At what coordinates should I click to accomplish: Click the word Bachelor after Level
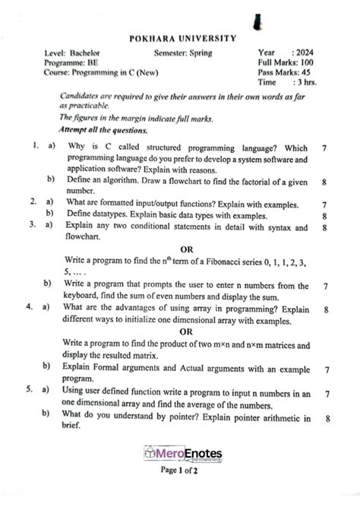click(84, 53)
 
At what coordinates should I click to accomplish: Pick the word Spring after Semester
click(200, 53)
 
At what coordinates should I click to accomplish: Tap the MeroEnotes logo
click(179, 454)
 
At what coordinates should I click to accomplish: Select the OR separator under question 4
click(185, 331)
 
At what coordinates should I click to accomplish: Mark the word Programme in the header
click(65, 63)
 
